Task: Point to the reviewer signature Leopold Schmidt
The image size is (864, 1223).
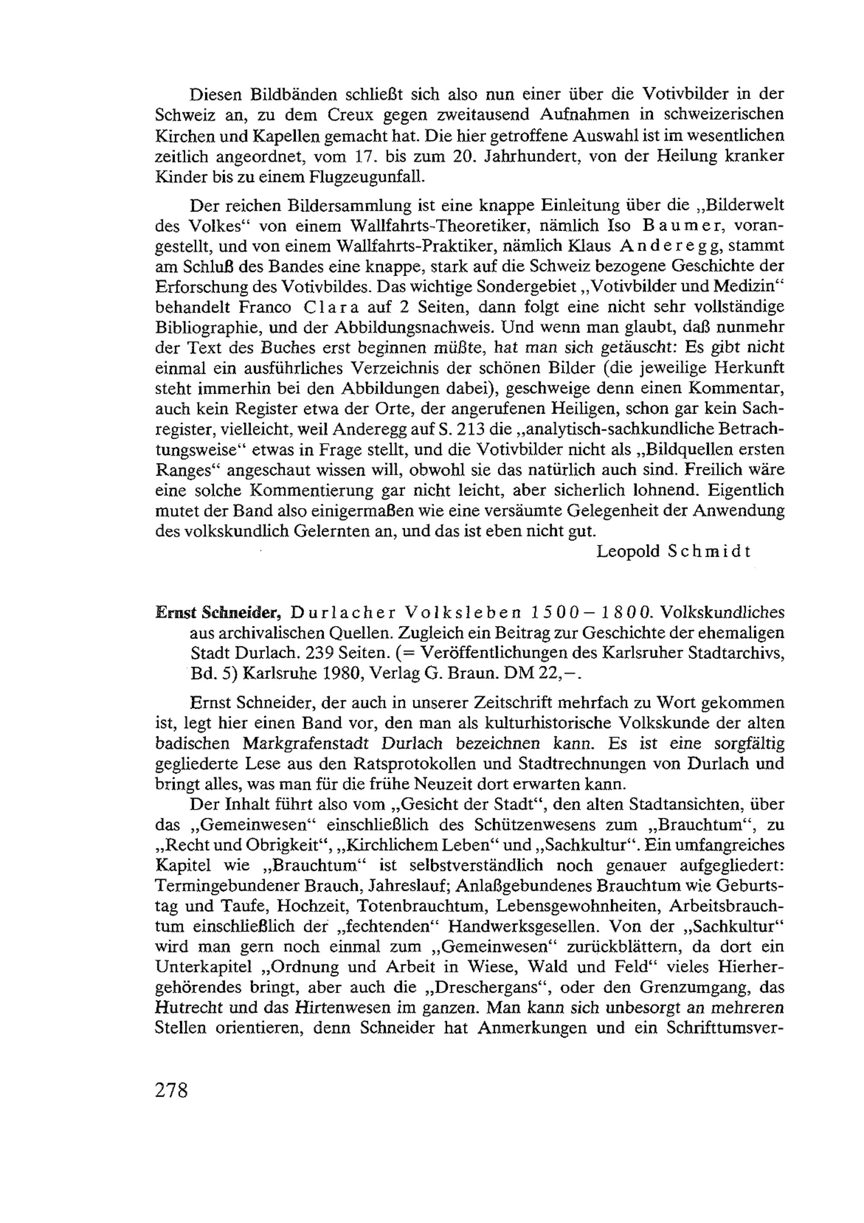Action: pos(673,551)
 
